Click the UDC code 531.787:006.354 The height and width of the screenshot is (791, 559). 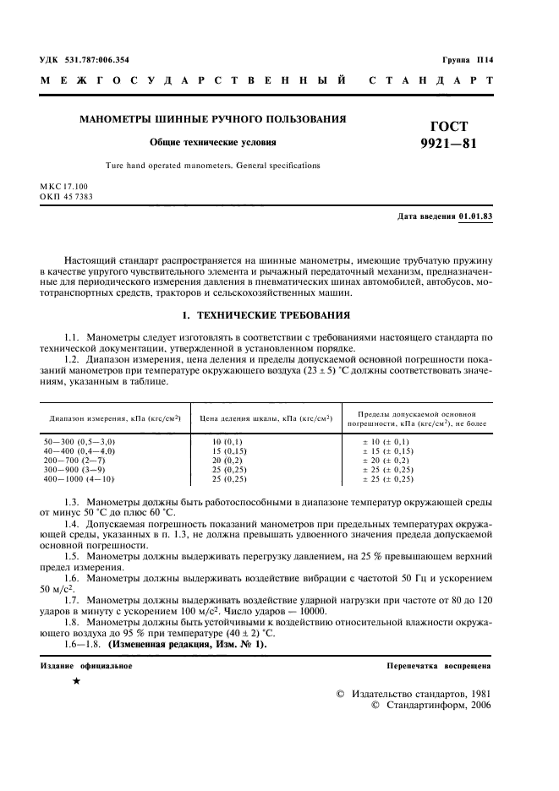[x=93, y=59]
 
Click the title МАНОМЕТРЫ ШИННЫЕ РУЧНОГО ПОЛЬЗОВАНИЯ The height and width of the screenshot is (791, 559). [x=212, y=119]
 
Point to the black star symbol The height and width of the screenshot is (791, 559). [x=76, y=681]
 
